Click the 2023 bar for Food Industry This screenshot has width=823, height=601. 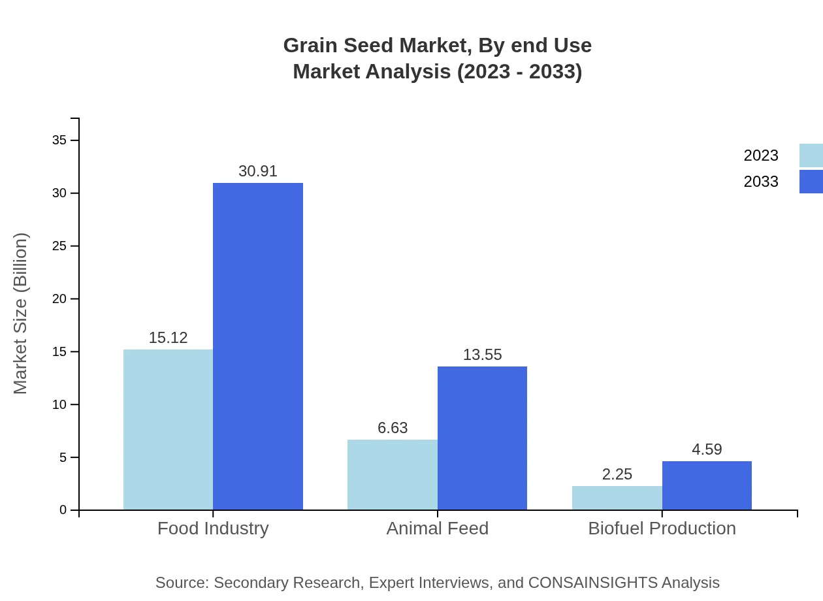tap(168, 429)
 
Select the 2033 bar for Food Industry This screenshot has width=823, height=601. tap(258, 346)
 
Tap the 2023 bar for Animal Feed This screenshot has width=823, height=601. tap(392, 474)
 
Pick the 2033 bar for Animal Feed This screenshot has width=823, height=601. tap(482, 438)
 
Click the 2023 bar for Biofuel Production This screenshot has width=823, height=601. tap(617, 498)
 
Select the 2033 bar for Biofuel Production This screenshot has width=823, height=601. tap(707, 485)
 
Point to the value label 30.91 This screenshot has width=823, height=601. tap(258, 171)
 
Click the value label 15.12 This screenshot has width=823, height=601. tap(168, 338)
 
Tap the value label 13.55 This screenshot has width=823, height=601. tap(482, 355)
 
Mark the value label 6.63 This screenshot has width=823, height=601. tap(392, 428)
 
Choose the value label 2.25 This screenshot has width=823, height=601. tap(617, 474)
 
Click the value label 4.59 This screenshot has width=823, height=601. tap(707, 449)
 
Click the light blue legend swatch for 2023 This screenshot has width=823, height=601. tap(811, 155)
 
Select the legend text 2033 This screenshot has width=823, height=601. tap(761, 182)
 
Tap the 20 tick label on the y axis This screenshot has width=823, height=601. tap(59, 299)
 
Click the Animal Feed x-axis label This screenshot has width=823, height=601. tap(437, 528)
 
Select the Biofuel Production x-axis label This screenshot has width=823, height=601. tap(662, 528)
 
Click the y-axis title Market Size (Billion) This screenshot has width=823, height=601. tap(20, 314)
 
